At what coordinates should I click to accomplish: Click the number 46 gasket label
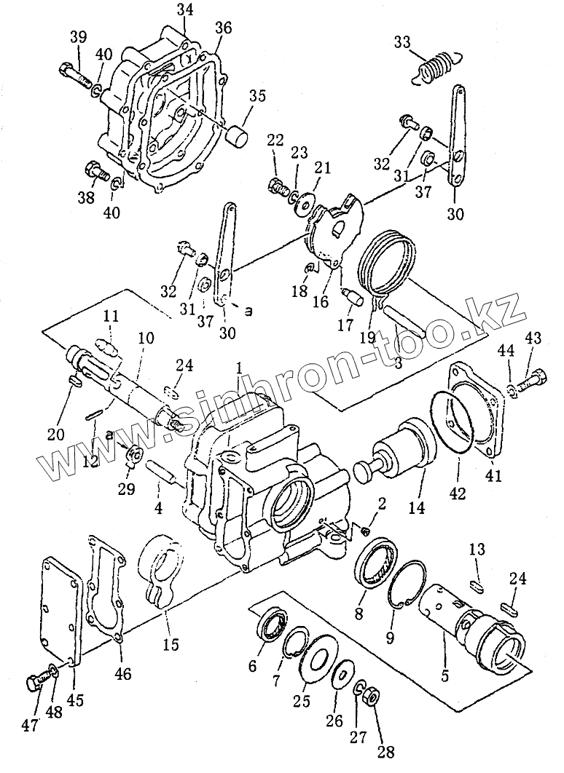[122, 674]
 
